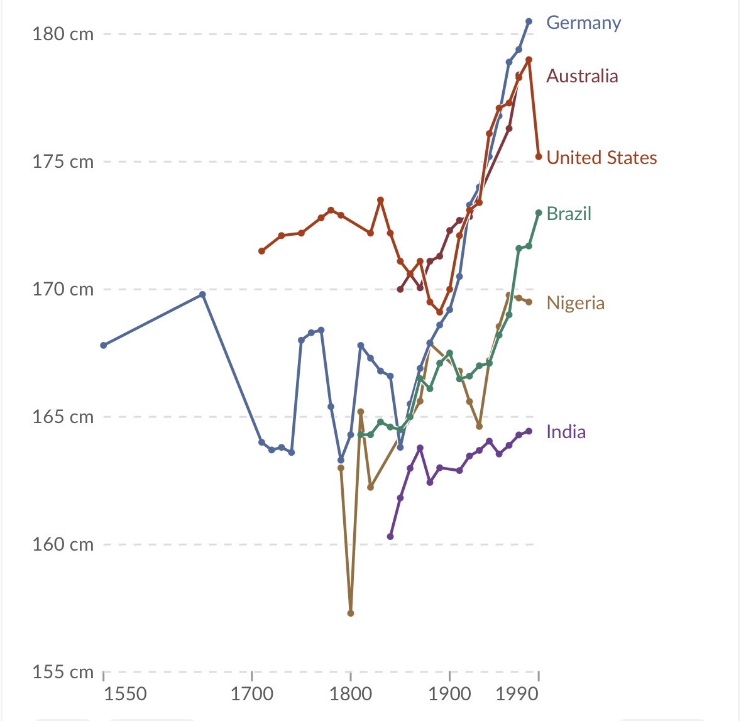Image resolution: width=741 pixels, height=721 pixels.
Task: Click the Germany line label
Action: click(583, 23)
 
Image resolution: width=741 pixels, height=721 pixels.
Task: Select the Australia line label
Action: click(582, 76)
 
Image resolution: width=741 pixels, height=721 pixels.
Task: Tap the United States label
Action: click(601, 157)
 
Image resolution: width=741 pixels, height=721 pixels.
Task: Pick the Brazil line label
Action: click(569, 214)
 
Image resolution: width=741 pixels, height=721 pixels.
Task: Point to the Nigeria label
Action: click(575, 303)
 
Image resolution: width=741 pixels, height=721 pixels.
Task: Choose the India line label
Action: click(566, 432)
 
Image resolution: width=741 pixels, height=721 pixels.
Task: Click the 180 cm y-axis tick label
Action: click(63, 34)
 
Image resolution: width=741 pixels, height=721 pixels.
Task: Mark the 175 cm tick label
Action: click(63, 162)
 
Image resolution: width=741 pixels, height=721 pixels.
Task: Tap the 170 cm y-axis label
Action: click(63, 289)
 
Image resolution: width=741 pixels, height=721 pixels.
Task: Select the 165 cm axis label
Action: click(63, 417)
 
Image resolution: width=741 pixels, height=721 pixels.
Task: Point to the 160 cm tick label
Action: click(63, 544)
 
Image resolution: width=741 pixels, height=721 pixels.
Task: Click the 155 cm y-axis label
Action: click(63, 672)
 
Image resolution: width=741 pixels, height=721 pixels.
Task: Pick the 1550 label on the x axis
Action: click(125, 694)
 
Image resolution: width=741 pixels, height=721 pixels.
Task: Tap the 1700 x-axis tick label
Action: click(252, 694)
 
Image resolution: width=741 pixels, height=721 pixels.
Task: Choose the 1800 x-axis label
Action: click(351, 694)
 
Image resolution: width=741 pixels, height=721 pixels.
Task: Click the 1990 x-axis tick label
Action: click(517, 694)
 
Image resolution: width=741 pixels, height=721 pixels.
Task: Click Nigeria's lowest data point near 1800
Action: click(351, 613)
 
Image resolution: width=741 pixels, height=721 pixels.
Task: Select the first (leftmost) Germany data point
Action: click(104, 345)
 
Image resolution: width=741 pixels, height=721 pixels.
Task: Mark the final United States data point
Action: click(539, 157)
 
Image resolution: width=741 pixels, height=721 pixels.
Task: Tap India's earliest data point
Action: click(390, 536)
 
